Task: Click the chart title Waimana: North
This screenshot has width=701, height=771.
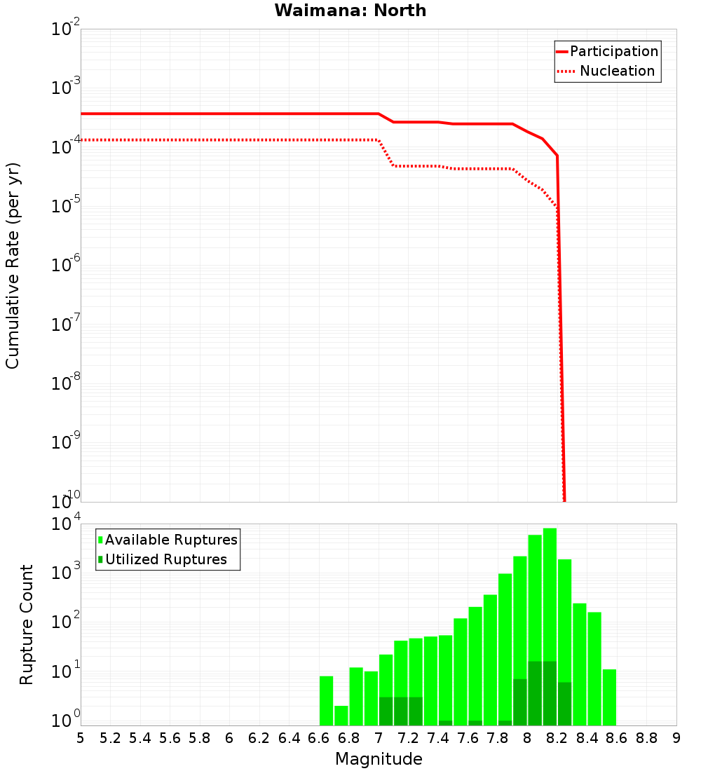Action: tap(350, 11)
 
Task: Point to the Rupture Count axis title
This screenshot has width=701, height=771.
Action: tap(27, 625)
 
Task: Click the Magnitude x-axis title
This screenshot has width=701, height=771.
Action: tap(379, 759)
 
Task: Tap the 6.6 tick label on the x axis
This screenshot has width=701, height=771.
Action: tap(319, 738)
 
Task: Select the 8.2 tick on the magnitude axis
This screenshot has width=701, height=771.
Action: tap(557, 738)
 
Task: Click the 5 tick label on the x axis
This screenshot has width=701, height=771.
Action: tap(81, 738)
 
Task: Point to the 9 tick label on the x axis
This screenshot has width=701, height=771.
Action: tap(676, 738)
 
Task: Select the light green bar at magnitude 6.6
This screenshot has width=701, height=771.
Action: tap(326, 701)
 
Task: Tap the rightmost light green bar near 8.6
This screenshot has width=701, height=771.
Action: tap(609, 697)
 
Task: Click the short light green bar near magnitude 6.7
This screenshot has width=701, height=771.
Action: tap(341, 716)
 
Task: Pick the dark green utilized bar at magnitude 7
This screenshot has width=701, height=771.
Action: tap(386, 711)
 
